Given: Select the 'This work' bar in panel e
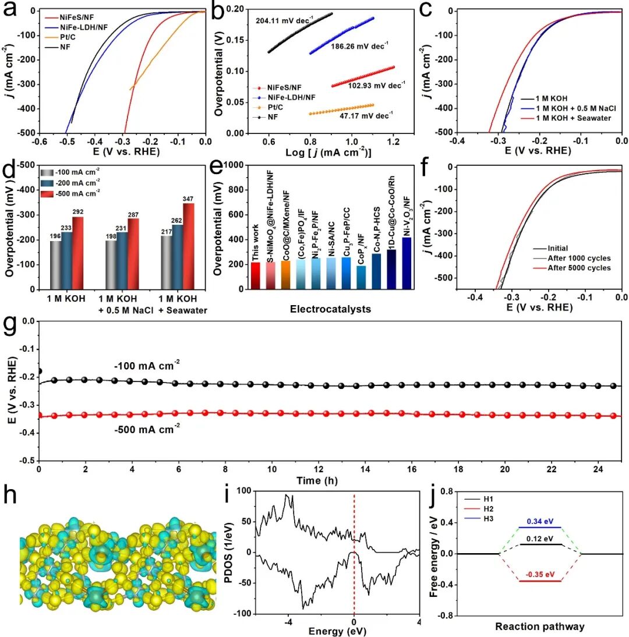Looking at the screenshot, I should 255,275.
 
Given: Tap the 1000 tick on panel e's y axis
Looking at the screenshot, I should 236,165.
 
